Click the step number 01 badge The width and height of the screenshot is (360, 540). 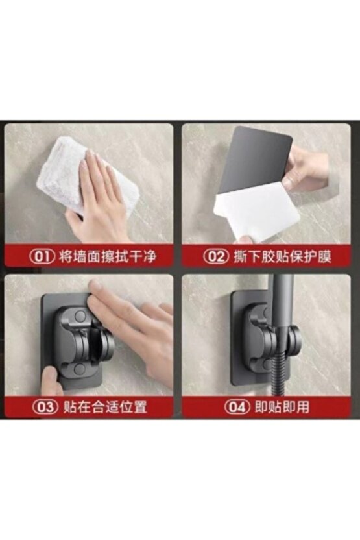pos(42,256)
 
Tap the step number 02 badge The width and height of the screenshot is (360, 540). pos(216,256)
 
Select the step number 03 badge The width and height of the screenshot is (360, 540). pos(46,407)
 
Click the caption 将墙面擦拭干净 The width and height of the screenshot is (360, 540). pos(108,256)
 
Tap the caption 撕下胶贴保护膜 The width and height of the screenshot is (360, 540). pos(282,256)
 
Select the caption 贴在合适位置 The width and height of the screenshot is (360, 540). pos(105,407)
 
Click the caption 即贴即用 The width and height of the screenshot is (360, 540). pos(282,407)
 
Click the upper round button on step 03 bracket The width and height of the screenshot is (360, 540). pos(80,315)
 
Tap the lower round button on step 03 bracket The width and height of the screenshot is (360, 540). pos(80,369)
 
